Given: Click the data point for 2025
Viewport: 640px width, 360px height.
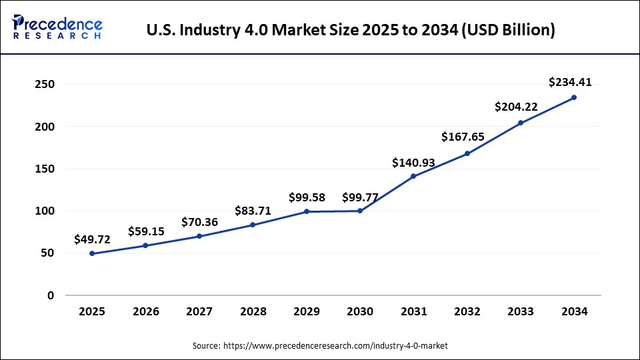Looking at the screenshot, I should click(x=92, y=253).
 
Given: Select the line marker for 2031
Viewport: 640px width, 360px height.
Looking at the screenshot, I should click(x=413, y=176).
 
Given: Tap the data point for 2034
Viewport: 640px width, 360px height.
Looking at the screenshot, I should click(x=574, y=97).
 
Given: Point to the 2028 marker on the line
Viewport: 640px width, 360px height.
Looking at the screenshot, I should click(x=253, y=225).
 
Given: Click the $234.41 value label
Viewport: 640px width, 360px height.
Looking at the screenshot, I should click(x=570, y=83).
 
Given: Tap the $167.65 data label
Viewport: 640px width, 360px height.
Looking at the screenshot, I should click(x=463, y=137).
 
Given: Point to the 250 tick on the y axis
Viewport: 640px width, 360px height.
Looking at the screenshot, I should click(x=45, y=85).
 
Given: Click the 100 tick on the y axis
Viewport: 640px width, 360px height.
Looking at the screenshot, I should click(x=45, y=211).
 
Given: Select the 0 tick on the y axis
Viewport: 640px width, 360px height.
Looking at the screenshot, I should click(x=50, y=295).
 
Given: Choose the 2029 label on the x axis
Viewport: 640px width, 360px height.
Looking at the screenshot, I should click(x=306, y=312).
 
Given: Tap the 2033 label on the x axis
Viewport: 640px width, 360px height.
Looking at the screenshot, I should click(x=521, y=312).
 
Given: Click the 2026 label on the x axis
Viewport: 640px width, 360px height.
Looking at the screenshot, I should click(x=145, y=312).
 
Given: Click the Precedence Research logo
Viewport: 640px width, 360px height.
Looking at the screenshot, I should click(x=57, y=27).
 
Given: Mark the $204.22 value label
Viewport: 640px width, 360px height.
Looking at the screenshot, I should click(x=517, y=107).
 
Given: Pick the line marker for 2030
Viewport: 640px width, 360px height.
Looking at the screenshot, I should click(x=360, y=211).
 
